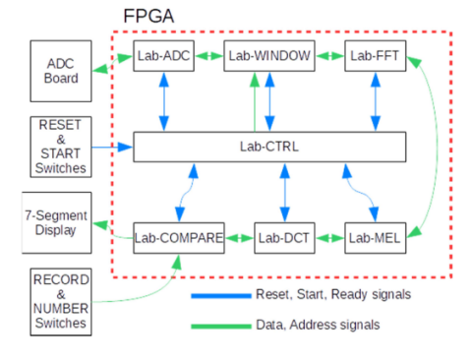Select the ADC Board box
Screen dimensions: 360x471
(x=61, y=71)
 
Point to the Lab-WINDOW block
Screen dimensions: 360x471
(x=268, y=57)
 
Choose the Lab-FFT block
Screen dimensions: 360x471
(x=374, y=57)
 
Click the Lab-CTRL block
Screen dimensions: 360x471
(x=268, y=149)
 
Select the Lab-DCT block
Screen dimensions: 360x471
(x=284, y=238)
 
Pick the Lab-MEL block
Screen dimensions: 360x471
(x=374, y=238)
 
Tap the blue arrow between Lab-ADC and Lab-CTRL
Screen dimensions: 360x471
(x=163, y=102)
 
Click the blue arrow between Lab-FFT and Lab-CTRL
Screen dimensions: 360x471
(x=374, y=102)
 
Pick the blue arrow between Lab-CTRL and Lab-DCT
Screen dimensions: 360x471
(x=284, y=193)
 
